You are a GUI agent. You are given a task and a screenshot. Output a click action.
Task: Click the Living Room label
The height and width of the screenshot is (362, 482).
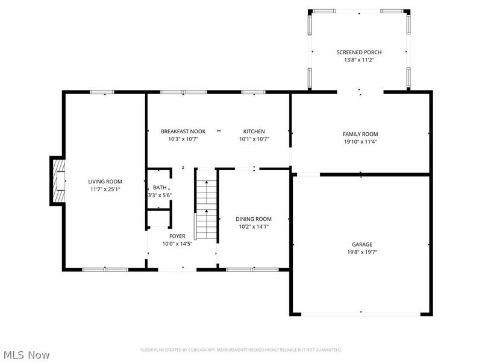105,182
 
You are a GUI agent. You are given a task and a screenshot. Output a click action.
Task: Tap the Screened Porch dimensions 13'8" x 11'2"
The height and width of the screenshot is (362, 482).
358,60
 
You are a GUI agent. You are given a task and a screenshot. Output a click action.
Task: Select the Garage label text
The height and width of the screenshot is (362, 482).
361,244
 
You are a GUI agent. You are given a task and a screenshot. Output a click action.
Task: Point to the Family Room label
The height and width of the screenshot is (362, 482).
360,134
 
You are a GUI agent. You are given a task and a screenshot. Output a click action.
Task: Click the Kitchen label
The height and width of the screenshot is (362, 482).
254,132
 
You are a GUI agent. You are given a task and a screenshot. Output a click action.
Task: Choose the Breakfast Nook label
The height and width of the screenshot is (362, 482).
183,132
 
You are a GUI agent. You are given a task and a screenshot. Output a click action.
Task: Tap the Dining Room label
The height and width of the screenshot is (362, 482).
253,219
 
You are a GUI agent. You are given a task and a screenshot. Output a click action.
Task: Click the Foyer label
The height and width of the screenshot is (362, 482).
177,236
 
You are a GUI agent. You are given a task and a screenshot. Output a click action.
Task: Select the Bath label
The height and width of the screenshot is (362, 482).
159,188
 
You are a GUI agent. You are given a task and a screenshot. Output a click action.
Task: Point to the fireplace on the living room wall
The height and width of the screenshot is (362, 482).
58,182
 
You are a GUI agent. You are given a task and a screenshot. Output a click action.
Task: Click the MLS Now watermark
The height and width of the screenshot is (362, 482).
27,355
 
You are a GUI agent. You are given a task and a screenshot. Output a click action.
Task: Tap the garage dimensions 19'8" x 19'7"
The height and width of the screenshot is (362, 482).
361,252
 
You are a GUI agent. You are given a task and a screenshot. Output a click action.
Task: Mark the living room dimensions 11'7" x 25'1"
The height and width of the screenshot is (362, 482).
105,189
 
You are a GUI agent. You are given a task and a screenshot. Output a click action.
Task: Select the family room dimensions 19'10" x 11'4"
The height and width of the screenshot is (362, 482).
360,142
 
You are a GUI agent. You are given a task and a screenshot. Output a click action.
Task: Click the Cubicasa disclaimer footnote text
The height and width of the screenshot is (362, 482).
241,350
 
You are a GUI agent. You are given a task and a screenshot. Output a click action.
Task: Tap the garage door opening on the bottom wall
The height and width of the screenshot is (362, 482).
361,314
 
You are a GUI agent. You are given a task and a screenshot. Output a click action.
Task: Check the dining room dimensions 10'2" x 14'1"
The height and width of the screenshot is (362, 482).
253,227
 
